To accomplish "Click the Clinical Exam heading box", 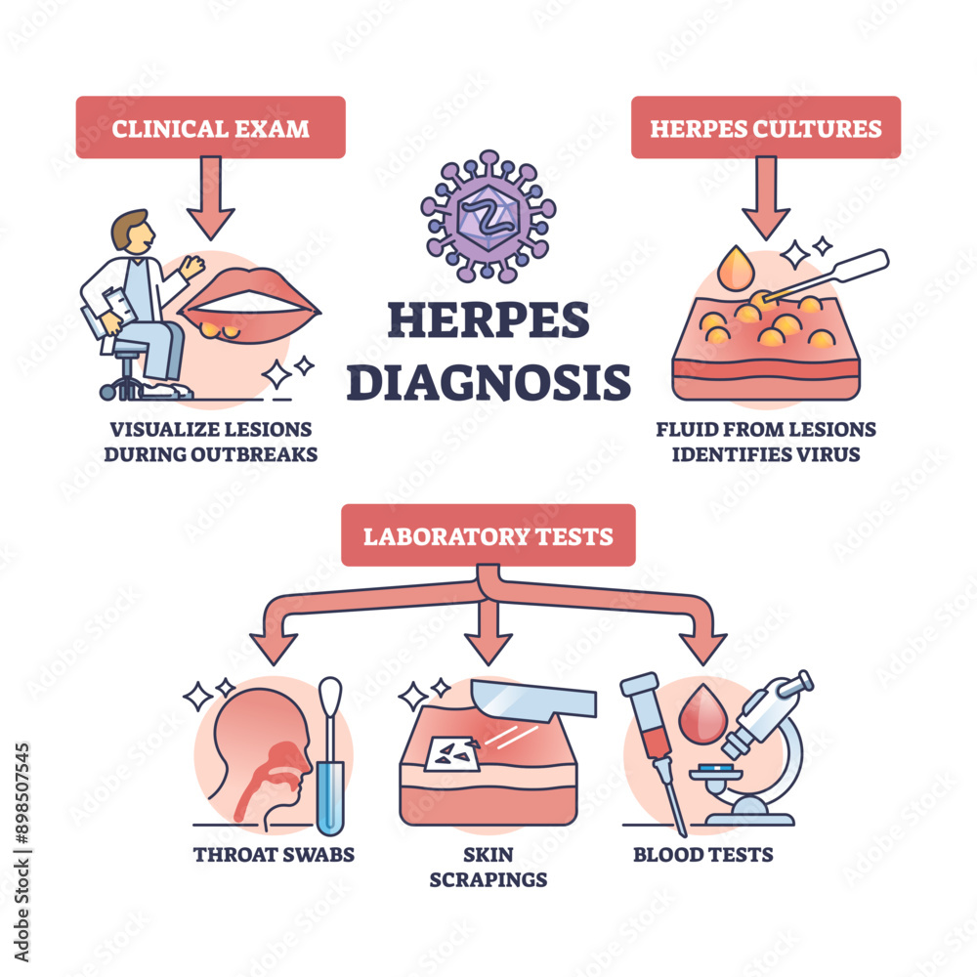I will pyautogui.click(x=210, y=127).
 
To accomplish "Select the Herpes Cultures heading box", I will pyautogui.click(x=765, y=127).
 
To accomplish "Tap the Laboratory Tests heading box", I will pyautogui.click(x=488, y=535).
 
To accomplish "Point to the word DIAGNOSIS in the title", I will pyautogui.click(x=488, y=381).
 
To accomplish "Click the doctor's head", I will pyautogui.click(x=132, y=232).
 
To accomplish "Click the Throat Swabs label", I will pyautogui.click(x=274, y=855).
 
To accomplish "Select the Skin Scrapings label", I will pyautogui.click(x=488, y=867).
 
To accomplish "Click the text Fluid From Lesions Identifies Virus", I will pyautogui.click(x=765, y=442).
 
